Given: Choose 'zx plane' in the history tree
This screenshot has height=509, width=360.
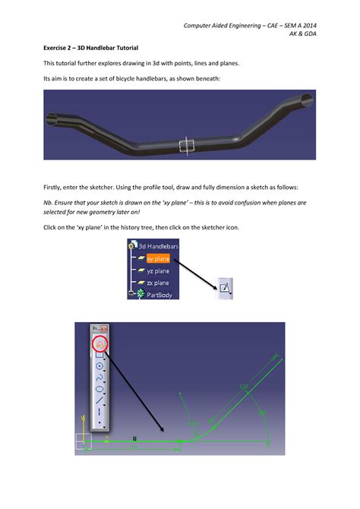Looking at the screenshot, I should coord(157,282).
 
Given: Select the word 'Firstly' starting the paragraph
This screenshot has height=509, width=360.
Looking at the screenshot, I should coord(52,187).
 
